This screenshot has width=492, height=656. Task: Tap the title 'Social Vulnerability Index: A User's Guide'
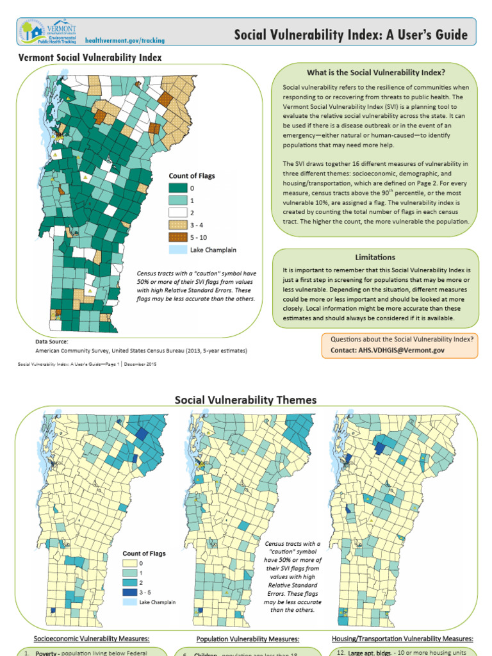coord(350,35)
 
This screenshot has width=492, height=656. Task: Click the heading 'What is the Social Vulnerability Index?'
coord(376,72)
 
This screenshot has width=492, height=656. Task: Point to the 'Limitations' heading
coord(375,257)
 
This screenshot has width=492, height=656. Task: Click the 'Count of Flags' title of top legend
coord(192,176)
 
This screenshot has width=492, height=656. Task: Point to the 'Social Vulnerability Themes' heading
coord(246,400)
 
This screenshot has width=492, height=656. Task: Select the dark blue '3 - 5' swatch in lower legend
coord(131,592)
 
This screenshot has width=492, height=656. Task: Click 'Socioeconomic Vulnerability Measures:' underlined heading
coord(92,639)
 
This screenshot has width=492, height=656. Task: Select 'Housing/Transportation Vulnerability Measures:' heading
coord(402,639)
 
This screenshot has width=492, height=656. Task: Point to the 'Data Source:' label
coord(51,342)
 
